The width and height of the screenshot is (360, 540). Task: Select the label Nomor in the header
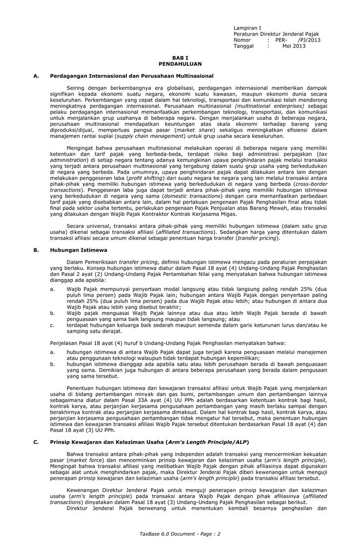(x=242, y=40)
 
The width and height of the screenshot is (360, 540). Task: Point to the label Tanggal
(x=244, y=46)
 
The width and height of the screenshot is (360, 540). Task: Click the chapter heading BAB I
(x=180, y=58)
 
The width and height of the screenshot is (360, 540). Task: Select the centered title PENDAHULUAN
(x=180, y=64)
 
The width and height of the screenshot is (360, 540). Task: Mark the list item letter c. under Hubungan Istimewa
(x=52, y=325)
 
